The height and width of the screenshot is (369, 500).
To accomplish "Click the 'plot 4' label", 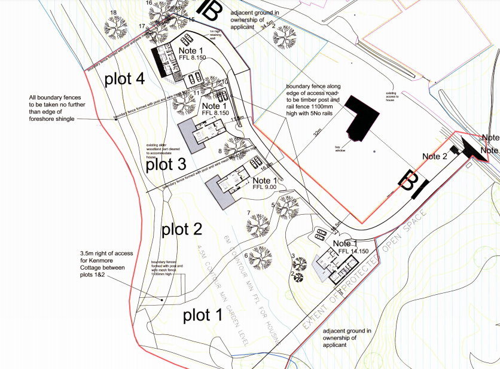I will (124, 80).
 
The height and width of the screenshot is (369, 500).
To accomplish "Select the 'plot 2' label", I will (181, 228).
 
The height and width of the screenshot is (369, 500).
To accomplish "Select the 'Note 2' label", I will (435, 157).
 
